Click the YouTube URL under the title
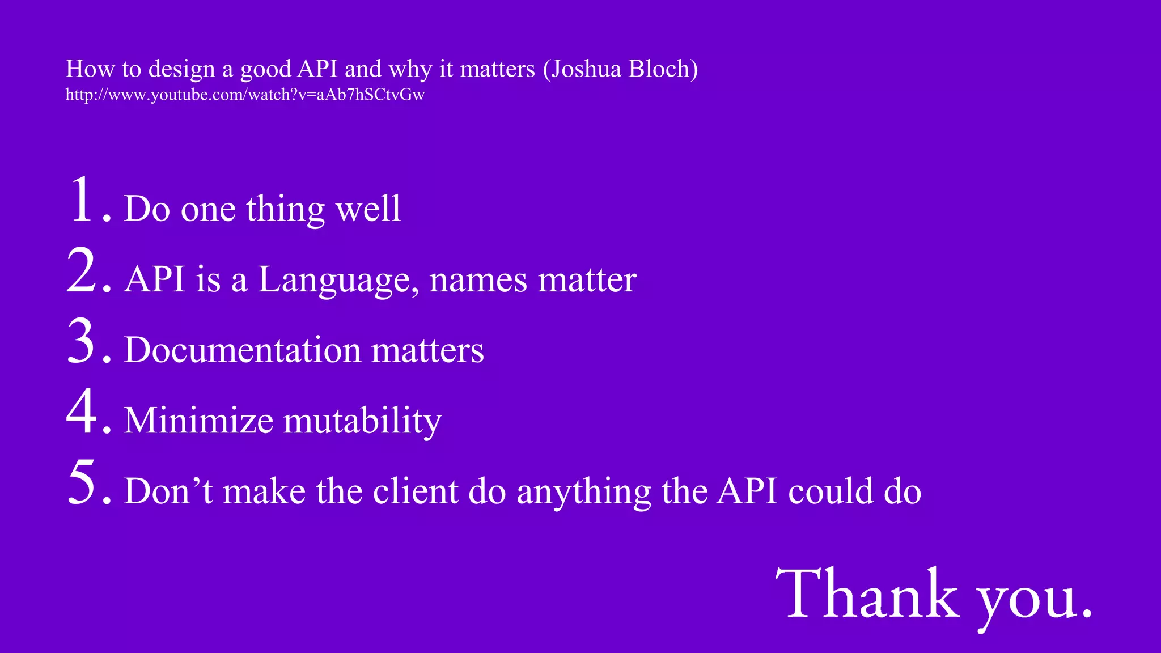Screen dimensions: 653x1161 coord(245,95)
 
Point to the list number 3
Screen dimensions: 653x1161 coord(82,341)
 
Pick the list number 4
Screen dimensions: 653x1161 coord(82,412)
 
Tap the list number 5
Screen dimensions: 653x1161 coord(82,482)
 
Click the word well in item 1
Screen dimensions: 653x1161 coord(368,209)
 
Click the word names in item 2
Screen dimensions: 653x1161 coord(478,280)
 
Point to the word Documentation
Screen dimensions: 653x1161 coord(243,350)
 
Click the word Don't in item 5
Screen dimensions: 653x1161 coord(168,490)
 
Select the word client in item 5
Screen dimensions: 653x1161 coord(415,490)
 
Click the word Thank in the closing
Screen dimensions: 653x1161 coord(867,594)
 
